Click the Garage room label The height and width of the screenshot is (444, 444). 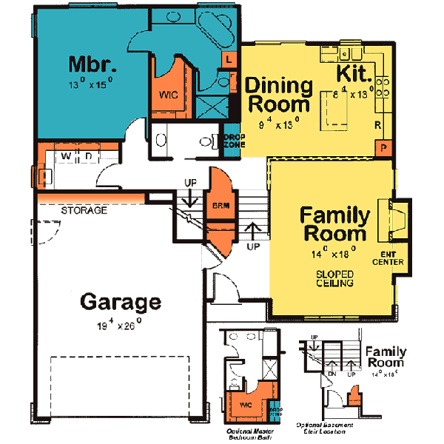(120, 302)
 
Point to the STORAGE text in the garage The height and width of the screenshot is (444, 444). (84, 211)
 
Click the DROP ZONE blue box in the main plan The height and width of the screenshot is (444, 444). (232, 143)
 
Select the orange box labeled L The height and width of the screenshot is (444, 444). (229, 58)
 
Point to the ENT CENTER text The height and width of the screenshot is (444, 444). (387, 258)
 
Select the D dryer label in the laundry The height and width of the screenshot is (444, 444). (87, 156)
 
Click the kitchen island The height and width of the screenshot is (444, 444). (334, 109)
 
